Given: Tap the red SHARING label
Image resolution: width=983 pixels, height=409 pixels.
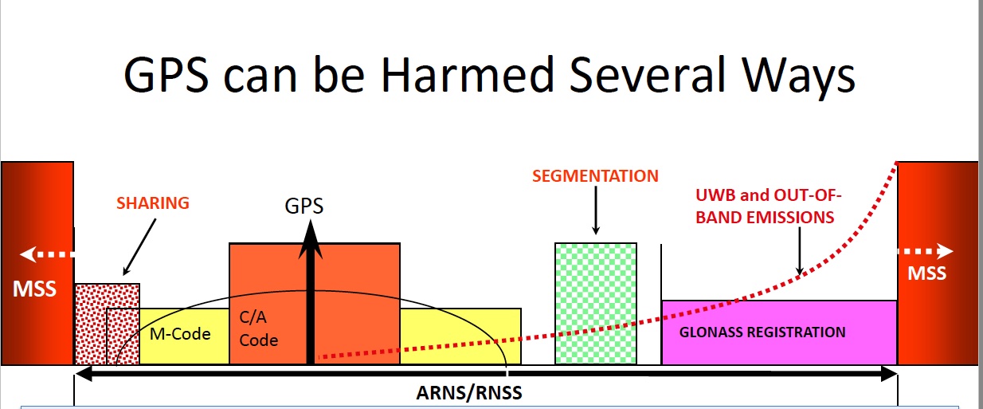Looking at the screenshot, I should coord(153,203).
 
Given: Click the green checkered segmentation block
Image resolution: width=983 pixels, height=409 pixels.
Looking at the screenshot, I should coord(595,303).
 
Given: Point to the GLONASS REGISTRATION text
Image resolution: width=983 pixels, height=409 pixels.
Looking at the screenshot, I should coord(762,332).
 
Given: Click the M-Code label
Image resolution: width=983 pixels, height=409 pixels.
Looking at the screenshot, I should coord(180,333).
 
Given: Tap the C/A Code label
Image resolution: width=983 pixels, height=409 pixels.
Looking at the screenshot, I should coord(259,328).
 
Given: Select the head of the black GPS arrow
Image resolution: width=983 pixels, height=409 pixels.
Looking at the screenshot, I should coord(311,238).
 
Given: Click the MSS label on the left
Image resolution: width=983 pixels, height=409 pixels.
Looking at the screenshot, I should coord(35,288).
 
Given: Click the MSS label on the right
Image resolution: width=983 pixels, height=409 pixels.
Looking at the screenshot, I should coord(926,273).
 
